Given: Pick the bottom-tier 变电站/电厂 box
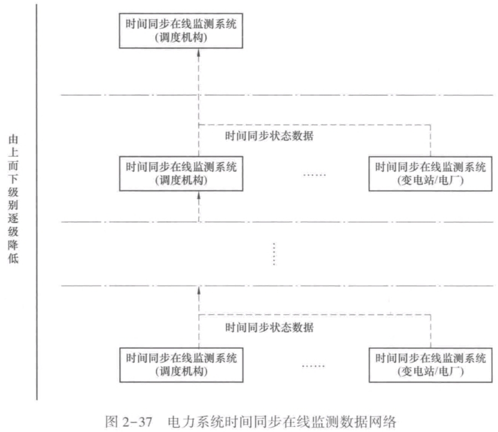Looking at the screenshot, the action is [430, 364].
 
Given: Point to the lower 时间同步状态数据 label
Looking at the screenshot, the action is [269, 327].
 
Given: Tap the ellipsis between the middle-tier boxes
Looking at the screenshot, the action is [314, 174].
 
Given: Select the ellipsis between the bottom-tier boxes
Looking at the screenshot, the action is [314, 366].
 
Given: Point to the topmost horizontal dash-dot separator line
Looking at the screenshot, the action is [277, 95].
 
